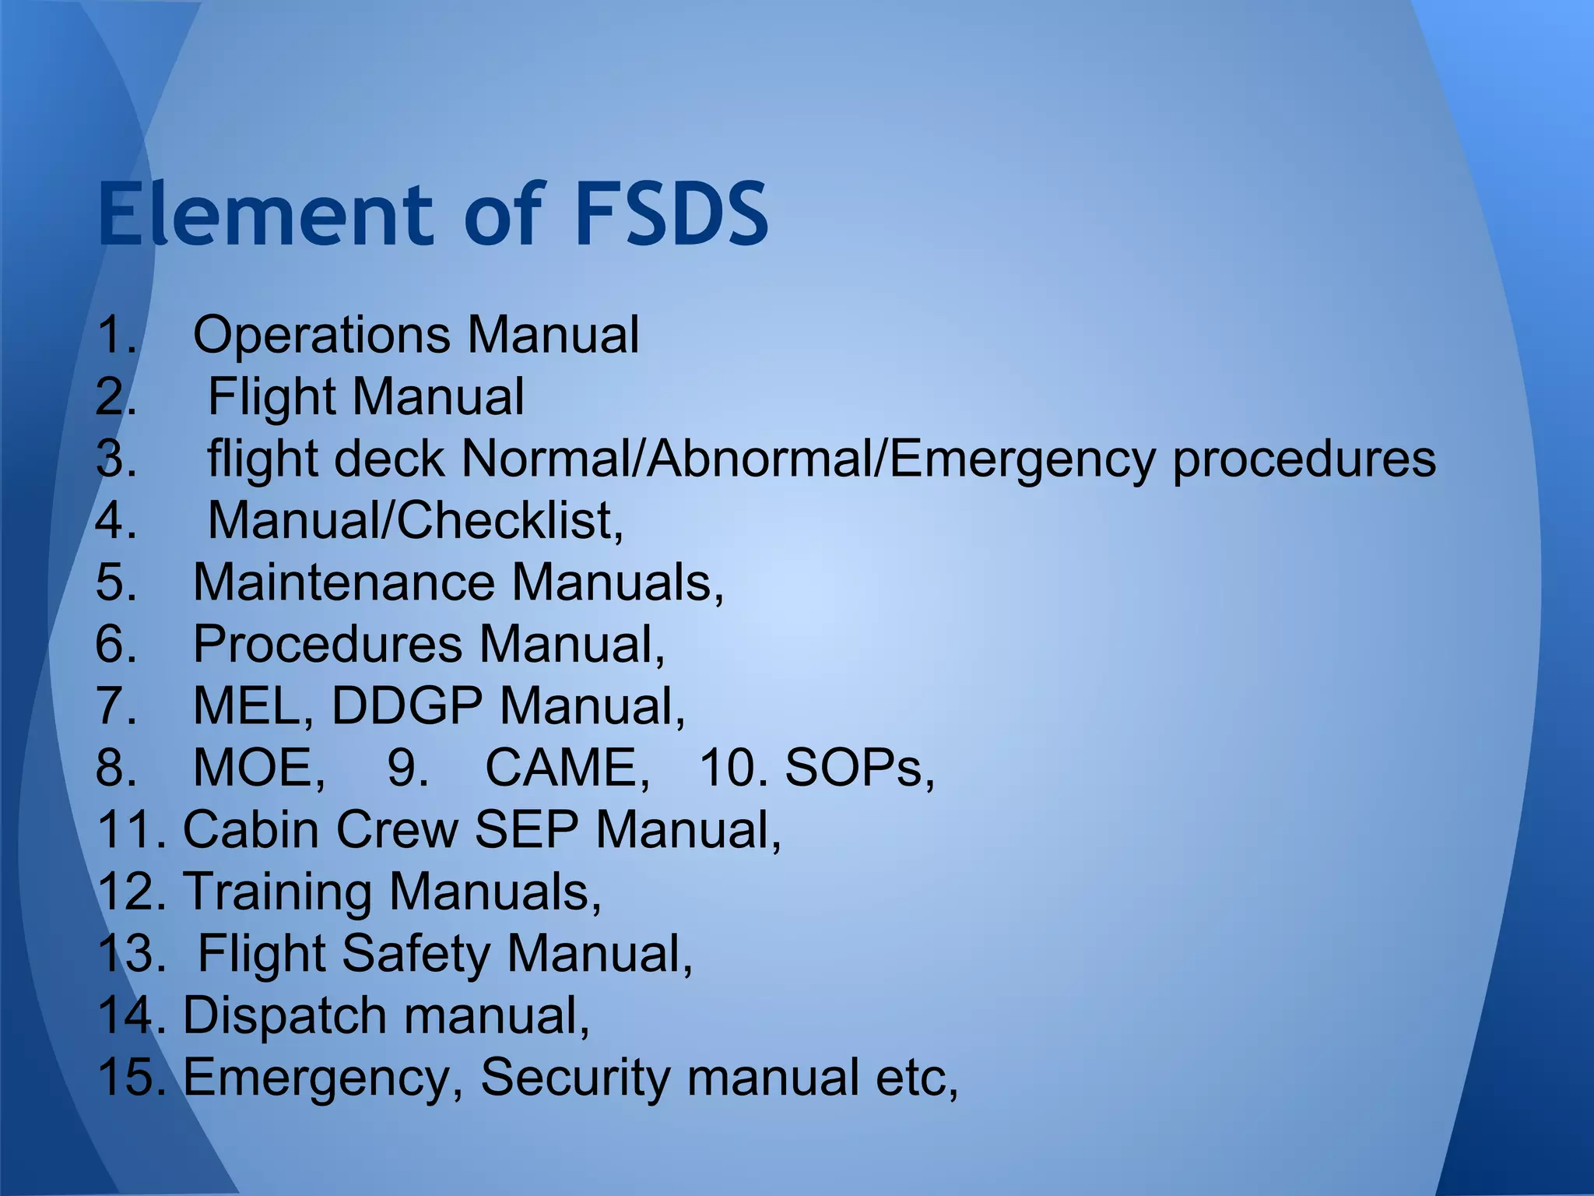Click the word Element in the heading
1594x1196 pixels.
tap(265, 213)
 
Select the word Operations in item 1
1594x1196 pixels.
tap(321, 336)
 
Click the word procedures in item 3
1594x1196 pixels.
tap(1304, 459)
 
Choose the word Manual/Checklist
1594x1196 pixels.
tap(414, 520)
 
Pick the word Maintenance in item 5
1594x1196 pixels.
tap(343, 582)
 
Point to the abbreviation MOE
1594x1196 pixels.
tap(258, 768)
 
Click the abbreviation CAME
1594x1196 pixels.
tap(566, 768)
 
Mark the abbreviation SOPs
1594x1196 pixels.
tap(858, 768)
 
